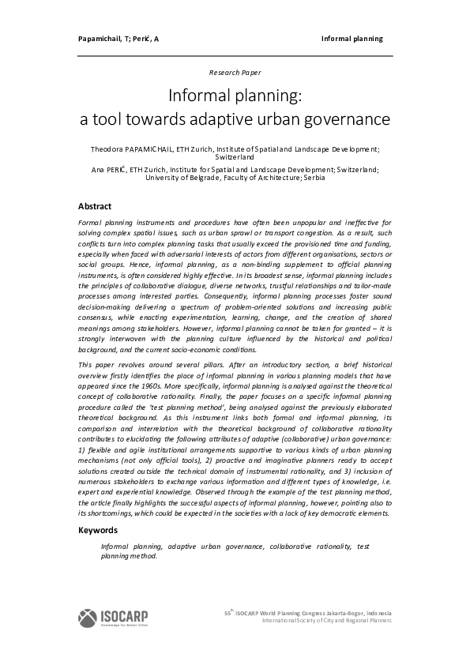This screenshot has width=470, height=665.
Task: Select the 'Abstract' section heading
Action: [95, 206]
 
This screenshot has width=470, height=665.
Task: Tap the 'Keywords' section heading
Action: [98, 531]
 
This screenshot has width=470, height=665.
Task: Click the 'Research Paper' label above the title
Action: [235, 72]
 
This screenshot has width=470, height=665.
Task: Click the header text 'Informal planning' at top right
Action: [352, 38]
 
